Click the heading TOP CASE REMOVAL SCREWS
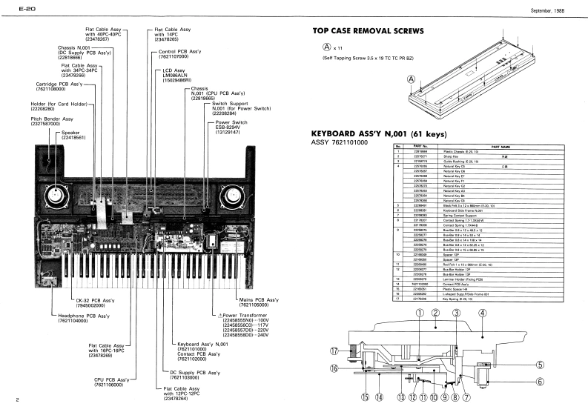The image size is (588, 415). tap(368, 32)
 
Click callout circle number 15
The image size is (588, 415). tap(364, 397)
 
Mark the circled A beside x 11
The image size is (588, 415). tap(317, 47)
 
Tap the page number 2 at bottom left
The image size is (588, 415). tap(6, 402)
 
